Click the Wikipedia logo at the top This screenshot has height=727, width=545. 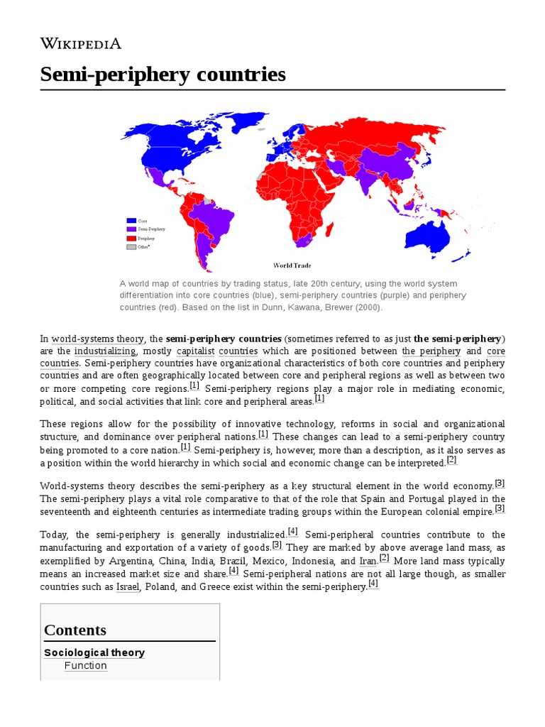[x=80, y=43]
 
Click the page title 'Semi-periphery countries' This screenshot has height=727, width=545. [x=163, y=74]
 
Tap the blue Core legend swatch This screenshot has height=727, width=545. [x=131, y=221]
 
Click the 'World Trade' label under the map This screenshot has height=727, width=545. [x=292, y=266]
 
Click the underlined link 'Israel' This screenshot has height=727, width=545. [x=128, y=586]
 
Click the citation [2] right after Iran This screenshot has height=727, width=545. [x=384, y=557]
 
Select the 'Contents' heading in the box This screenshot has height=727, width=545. [x=75, y=630]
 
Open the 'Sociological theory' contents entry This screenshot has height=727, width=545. [x=94, y=652]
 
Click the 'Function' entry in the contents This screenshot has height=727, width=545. [x=85, y=665]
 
